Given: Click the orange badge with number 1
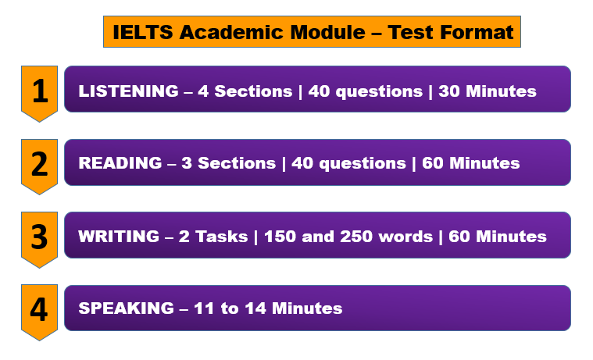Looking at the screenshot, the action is [x=39, y=93].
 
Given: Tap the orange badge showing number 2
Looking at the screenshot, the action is [x=39, y=166].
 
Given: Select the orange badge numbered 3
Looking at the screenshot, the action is [x=39, y=240].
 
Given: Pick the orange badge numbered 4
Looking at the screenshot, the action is [x=39, y=312].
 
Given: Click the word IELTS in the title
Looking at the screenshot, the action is [x=143, y=32].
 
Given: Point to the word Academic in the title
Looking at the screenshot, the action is [x=231, y=32].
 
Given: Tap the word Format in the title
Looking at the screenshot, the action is [x=477, y=32].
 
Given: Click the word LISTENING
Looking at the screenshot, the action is [x=129, y=91].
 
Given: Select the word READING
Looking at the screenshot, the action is [x=120, y=163].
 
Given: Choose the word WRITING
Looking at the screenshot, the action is [x=119, y=237].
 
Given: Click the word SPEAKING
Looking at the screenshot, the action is [x=127, y=308].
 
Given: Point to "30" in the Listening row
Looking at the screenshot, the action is [x=449, y=91].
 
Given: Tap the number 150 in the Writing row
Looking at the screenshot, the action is [x=280, y=237].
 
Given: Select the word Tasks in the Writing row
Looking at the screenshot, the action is [x=222, y=237].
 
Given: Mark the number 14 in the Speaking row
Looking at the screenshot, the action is [x=255, y=308].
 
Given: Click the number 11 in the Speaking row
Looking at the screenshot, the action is [x=204, y=308].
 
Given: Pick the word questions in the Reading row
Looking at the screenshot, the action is [x=363, y=164].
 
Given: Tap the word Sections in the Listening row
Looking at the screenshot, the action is [x=253, y=91].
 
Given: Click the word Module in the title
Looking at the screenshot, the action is [x=327, y=32].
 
